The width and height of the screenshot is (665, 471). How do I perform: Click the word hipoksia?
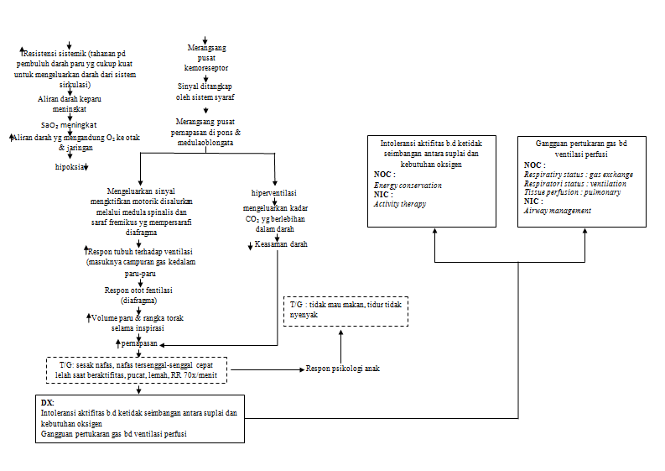pyautogui.click(x=70, y=167)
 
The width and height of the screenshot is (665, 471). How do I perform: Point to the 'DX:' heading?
pyautogui.click(x=48, y=402)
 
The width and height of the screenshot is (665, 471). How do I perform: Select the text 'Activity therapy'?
pyautogui.click(x=400, y=203)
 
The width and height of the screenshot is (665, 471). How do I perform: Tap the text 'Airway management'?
pyautogui.click(x=557, y=211)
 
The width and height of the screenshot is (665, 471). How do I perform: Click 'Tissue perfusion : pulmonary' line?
pyautogui.click(x=572, y=192)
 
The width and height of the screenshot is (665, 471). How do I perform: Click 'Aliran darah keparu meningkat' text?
pyautogui.click(x=70, y=103)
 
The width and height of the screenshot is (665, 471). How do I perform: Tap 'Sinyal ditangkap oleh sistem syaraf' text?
pyautogui.click(x=205, y=92)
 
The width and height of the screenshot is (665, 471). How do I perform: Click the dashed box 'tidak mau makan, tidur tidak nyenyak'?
pyautogui.click(x=345, y=311)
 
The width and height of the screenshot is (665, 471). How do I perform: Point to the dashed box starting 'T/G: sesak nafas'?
pyautogui.click(x=136, y=370)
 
